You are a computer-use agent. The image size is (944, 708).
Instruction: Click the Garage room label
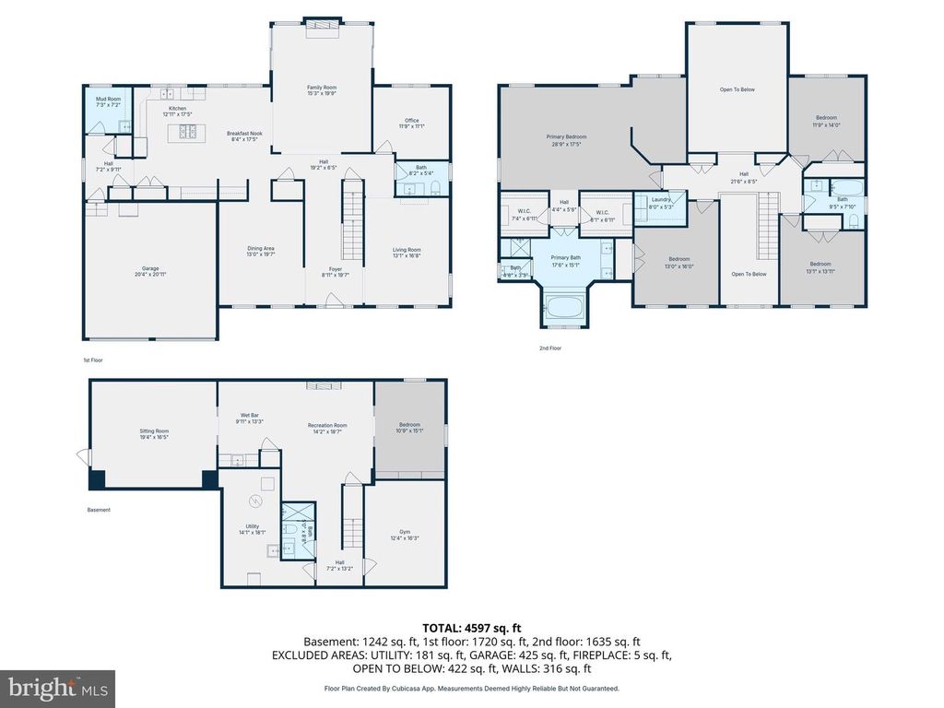[x=149, y=271]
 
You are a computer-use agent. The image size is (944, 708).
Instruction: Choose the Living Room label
[x=407, y=252]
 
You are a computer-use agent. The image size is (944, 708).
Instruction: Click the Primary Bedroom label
[x=566, y=139]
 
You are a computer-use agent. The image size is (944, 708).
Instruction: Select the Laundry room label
[x=660, y=202]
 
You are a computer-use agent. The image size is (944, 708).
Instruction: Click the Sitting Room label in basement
[x=154, y=433]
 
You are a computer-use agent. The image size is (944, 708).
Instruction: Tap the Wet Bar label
[x=250, y=419]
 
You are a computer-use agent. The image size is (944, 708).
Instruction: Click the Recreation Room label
[x=327, y=428]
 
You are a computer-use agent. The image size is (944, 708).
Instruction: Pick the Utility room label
[x=252, y=528]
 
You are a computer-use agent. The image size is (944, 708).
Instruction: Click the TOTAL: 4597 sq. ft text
[x=471, y=627]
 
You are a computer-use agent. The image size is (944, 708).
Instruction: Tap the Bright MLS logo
[x=57, y=688]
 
